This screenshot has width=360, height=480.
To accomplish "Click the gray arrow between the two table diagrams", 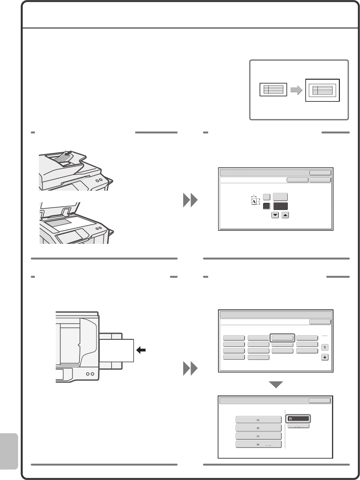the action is pos(296,91).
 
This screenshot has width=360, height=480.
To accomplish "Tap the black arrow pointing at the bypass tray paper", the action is pos(141,350).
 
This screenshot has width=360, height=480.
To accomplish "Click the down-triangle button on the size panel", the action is pos(275,215).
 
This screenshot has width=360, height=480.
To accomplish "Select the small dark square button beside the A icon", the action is pos(266,206).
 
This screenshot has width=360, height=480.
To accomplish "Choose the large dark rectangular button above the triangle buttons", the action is pos(280,206).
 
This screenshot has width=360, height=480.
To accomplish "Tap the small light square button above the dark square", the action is pos(266,197).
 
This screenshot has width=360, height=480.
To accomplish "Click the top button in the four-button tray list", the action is pos(258,420).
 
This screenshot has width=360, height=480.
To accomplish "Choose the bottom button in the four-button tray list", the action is pos(258,444).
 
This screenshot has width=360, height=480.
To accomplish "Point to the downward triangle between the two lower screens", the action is pos(276,384).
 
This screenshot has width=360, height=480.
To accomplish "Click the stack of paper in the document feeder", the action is pos(64,157).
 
